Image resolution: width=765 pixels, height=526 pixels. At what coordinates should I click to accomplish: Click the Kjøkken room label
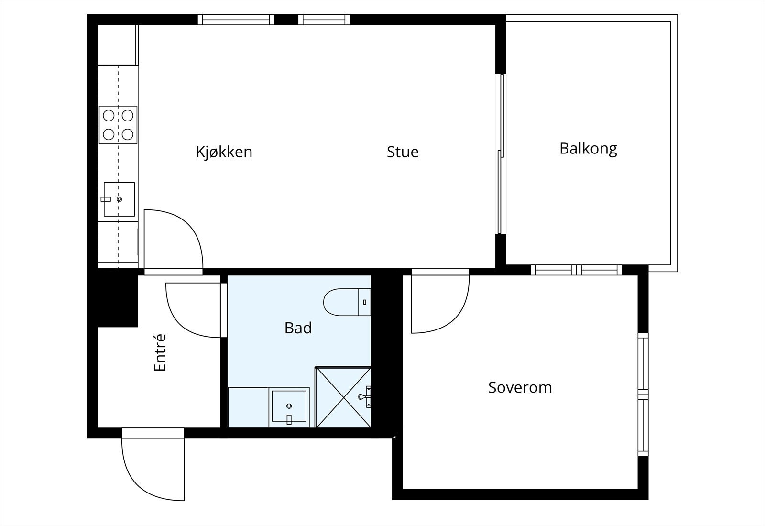224,152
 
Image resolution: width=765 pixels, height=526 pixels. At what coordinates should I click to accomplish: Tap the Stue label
403,152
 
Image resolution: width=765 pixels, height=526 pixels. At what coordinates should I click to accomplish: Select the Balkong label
588,149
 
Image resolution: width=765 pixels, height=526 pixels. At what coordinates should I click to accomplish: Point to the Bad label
298,328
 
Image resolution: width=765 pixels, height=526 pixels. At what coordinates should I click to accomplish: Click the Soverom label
520,387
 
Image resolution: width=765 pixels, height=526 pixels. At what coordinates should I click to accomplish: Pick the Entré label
160,352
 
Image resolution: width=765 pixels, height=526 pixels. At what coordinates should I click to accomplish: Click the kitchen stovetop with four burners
118,125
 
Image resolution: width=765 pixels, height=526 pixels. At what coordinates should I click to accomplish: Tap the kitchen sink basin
119,199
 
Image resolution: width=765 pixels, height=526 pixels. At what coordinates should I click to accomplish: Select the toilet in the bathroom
347,302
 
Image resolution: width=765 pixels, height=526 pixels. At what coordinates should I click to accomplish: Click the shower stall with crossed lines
343,397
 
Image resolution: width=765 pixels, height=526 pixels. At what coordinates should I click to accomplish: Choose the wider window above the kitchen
236,20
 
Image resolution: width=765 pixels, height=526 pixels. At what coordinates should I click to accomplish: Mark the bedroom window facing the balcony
577,270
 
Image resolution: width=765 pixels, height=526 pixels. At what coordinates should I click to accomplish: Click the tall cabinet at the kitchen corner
118,45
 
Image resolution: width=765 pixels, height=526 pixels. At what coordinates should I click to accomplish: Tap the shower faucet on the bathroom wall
365,396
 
